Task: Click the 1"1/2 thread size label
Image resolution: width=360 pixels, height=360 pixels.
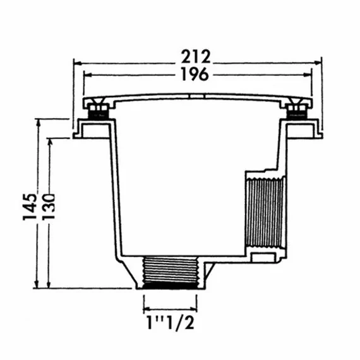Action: click(169, 326)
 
